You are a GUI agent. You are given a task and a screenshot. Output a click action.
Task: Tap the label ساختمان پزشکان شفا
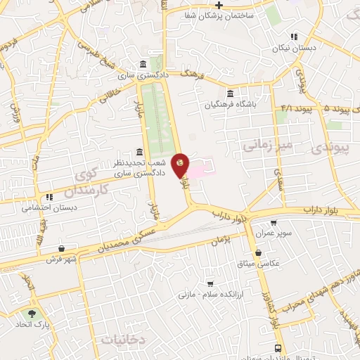[219, 15]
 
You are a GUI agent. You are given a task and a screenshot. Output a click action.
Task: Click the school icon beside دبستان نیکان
[294, 37]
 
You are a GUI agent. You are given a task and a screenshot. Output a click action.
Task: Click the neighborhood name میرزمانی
[261, 146]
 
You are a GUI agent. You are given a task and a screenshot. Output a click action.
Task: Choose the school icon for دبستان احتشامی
[49, 198]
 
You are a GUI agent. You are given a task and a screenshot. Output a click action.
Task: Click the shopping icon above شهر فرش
[63, 247]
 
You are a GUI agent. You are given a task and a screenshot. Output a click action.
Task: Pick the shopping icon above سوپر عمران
[263, 222]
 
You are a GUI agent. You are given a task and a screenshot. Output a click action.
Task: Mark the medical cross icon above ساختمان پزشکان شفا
[219, 4]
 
